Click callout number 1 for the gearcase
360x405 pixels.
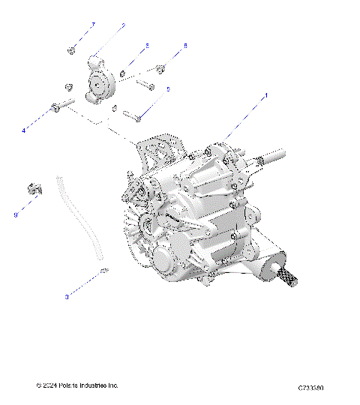[x=265, y=96]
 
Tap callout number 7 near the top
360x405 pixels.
[x=94, y=25]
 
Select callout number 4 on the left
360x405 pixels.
[x=24, y=130]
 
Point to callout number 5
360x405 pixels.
[x=168, y=89]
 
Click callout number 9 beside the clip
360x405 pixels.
[x=15, y=215]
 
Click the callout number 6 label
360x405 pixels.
[x=147, y=46]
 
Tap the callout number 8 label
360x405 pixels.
[x=185, y=46]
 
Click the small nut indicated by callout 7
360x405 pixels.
[x=70, y=50]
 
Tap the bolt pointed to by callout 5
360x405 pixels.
[x=136, y=115]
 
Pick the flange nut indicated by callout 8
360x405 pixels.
[x=160, y=70]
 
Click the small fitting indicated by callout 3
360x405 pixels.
[x=104, y=270]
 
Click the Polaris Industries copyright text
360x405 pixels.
[x=77, y=385]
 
